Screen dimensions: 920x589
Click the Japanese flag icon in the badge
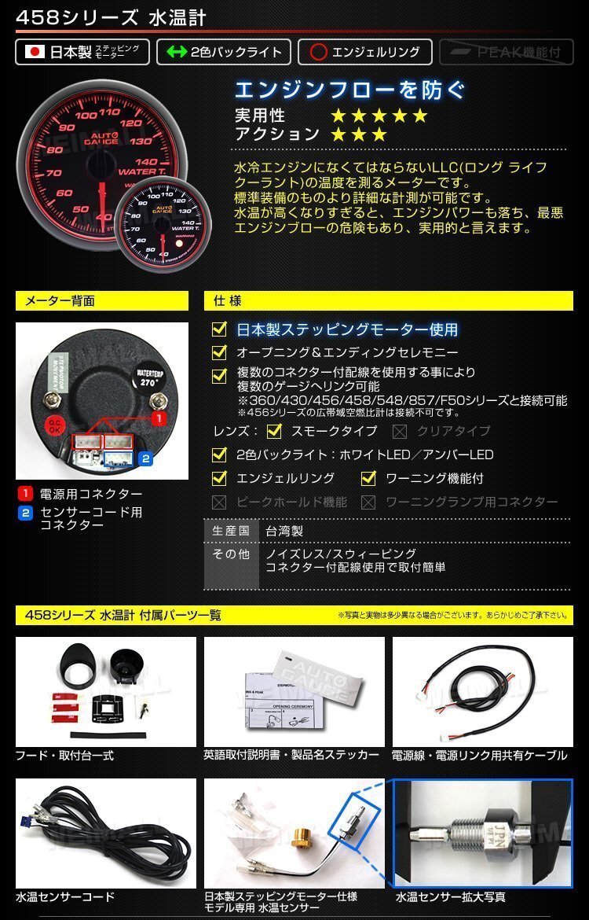click(35, 53)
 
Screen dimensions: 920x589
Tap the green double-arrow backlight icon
click(177, 53)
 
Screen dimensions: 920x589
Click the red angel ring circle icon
click(317, 53)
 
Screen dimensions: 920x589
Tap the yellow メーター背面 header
click(102, 300)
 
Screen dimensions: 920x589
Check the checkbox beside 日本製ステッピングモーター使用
click(220, 329)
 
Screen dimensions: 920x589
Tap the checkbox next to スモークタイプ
click(274, 431)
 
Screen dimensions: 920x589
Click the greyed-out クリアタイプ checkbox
click(400, 431)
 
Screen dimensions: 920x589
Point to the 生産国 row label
click(231, 532)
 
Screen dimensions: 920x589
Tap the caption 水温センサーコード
click(65, 896)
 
